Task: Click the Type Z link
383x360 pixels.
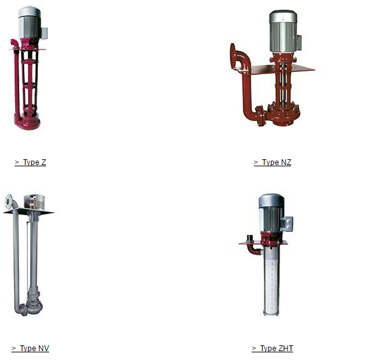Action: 31,162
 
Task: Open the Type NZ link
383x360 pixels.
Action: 272,162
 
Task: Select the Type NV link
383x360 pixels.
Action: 31,349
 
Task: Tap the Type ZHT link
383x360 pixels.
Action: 272,349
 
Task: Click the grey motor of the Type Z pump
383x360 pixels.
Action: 29,22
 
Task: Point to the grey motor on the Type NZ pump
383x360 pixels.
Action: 283,32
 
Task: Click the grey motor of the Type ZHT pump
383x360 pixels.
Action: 271,213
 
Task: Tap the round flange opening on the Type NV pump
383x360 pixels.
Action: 9,201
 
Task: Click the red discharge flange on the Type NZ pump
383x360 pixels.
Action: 233,55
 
